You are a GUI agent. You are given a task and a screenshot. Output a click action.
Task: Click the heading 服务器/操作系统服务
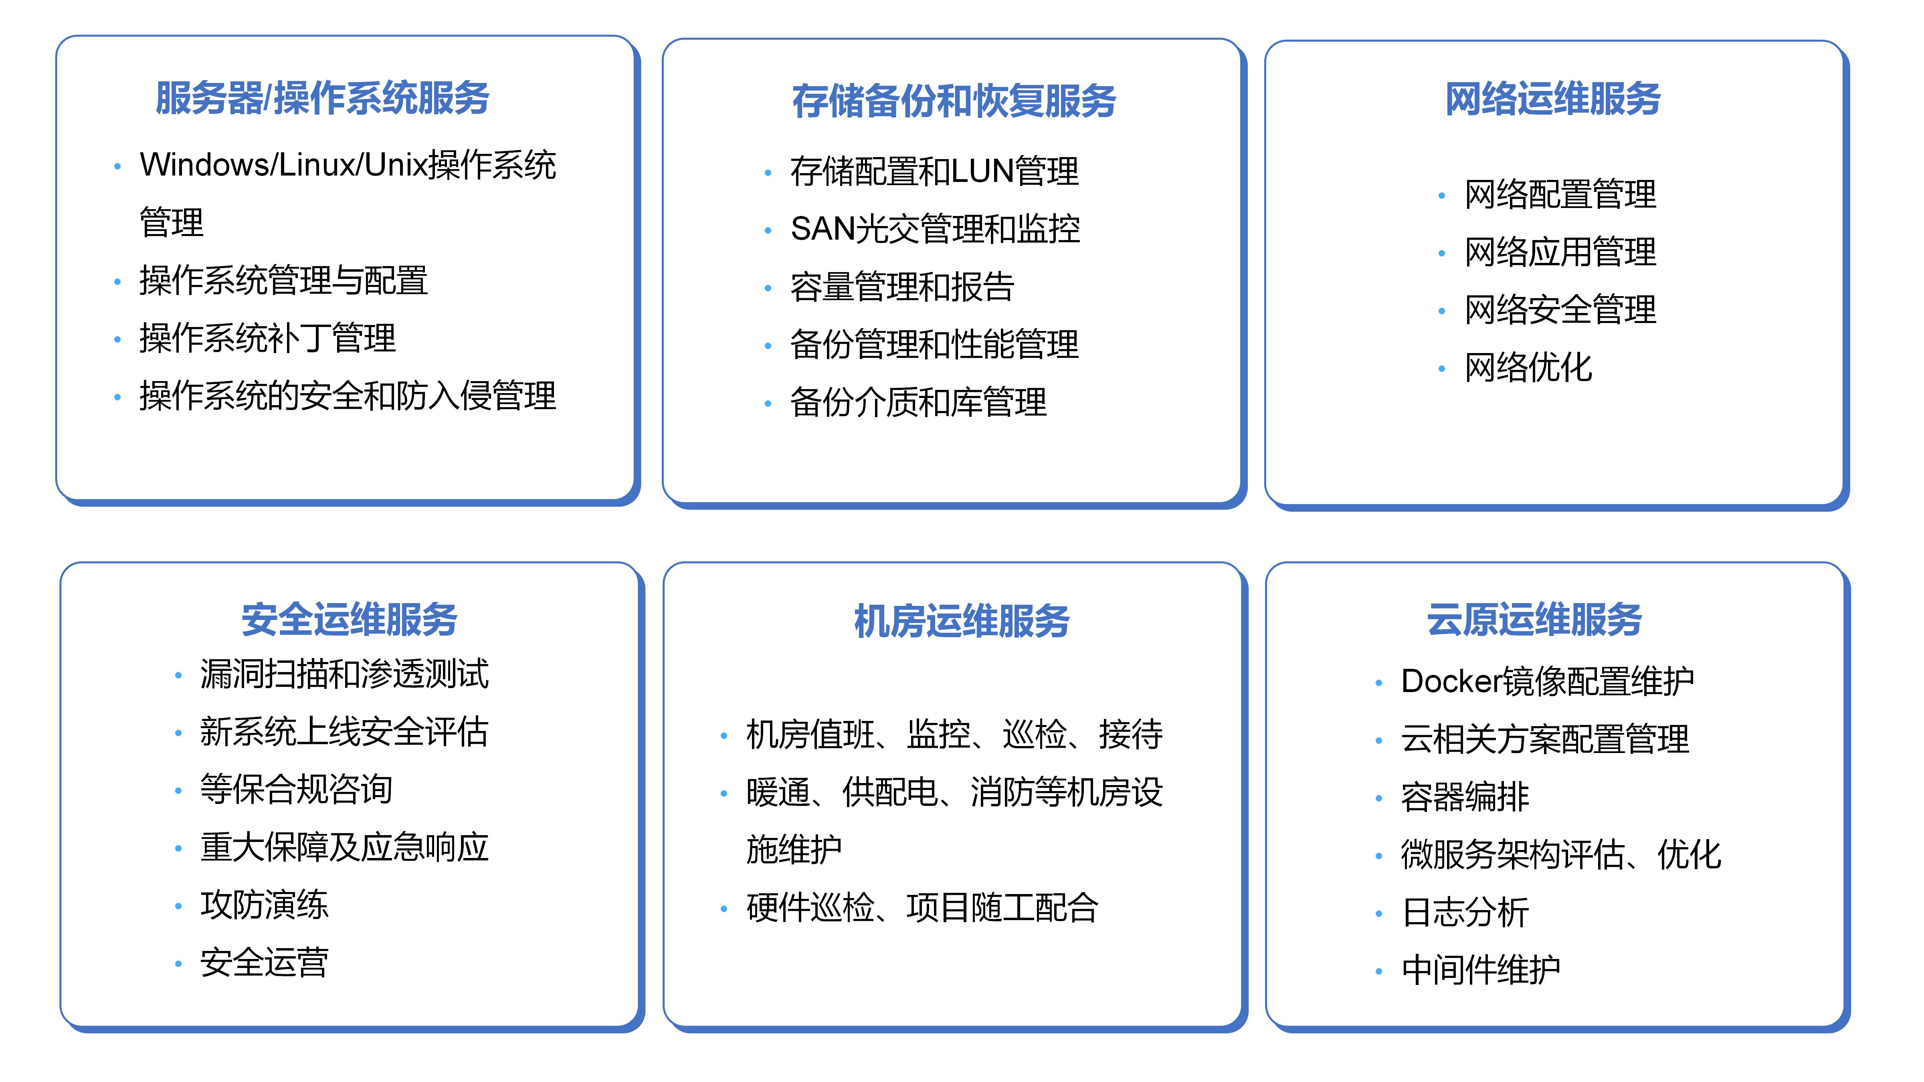322,99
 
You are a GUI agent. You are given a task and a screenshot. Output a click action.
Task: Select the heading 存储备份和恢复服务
954,101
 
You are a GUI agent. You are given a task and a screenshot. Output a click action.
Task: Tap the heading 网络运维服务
1553,99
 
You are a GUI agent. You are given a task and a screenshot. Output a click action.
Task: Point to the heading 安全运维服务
349,620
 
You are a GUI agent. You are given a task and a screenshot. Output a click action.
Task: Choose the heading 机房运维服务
961,621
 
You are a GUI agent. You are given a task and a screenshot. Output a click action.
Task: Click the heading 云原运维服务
1534,620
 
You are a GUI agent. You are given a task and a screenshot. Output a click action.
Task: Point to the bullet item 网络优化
1528,367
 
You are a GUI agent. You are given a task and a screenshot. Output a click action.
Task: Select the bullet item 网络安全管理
1560,310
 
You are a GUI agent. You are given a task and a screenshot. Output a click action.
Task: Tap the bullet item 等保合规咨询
296,789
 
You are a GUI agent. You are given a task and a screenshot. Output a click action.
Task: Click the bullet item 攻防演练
264,905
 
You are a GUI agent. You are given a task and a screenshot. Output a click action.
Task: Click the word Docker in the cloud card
1451,681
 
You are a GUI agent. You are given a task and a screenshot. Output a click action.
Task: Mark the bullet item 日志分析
1465,912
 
